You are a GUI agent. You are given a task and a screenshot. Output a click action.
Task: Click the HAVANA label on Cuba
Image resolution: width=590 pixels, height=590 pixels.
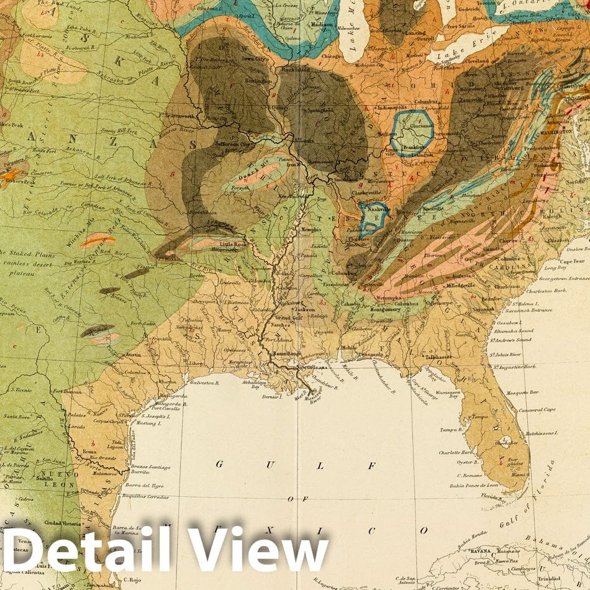click(478, 550)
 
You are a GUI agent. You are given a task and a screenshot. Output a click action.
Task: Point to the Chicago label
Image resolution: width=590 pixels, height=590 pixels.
click(332, 56)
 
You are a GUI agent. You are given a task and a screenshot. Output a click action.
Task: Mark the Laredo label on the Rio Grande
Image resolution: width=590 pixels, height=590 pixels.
click(78, 427)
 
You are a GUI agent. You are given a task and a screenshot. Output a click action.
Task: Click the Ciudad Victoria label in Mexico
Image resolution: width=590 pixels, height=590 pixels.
click(62, 523)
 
